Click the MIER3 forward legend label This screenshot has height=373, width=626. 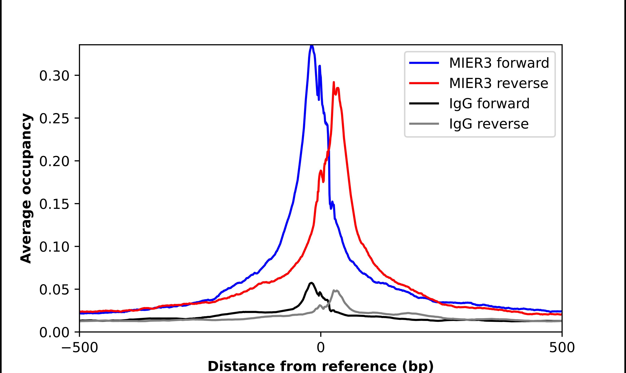coord(499,63)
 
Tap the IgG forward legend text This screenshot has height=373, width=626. coord(489,104)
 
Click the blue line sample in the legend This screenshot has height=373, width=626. coord(424,63)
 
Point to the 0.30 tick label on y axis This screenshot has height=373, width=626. coord(54,76)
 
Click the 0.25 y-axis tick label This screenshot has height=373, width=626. coord(54,118)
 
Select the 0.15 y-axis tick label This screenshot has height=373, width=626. coord(54,204)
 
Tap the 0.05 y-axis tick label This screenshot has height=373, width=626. coord(54,290)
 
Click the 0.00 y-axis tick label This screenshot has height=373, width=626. coord(54,332)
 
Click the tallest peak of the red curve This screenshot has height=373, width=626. coord(334,83)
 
